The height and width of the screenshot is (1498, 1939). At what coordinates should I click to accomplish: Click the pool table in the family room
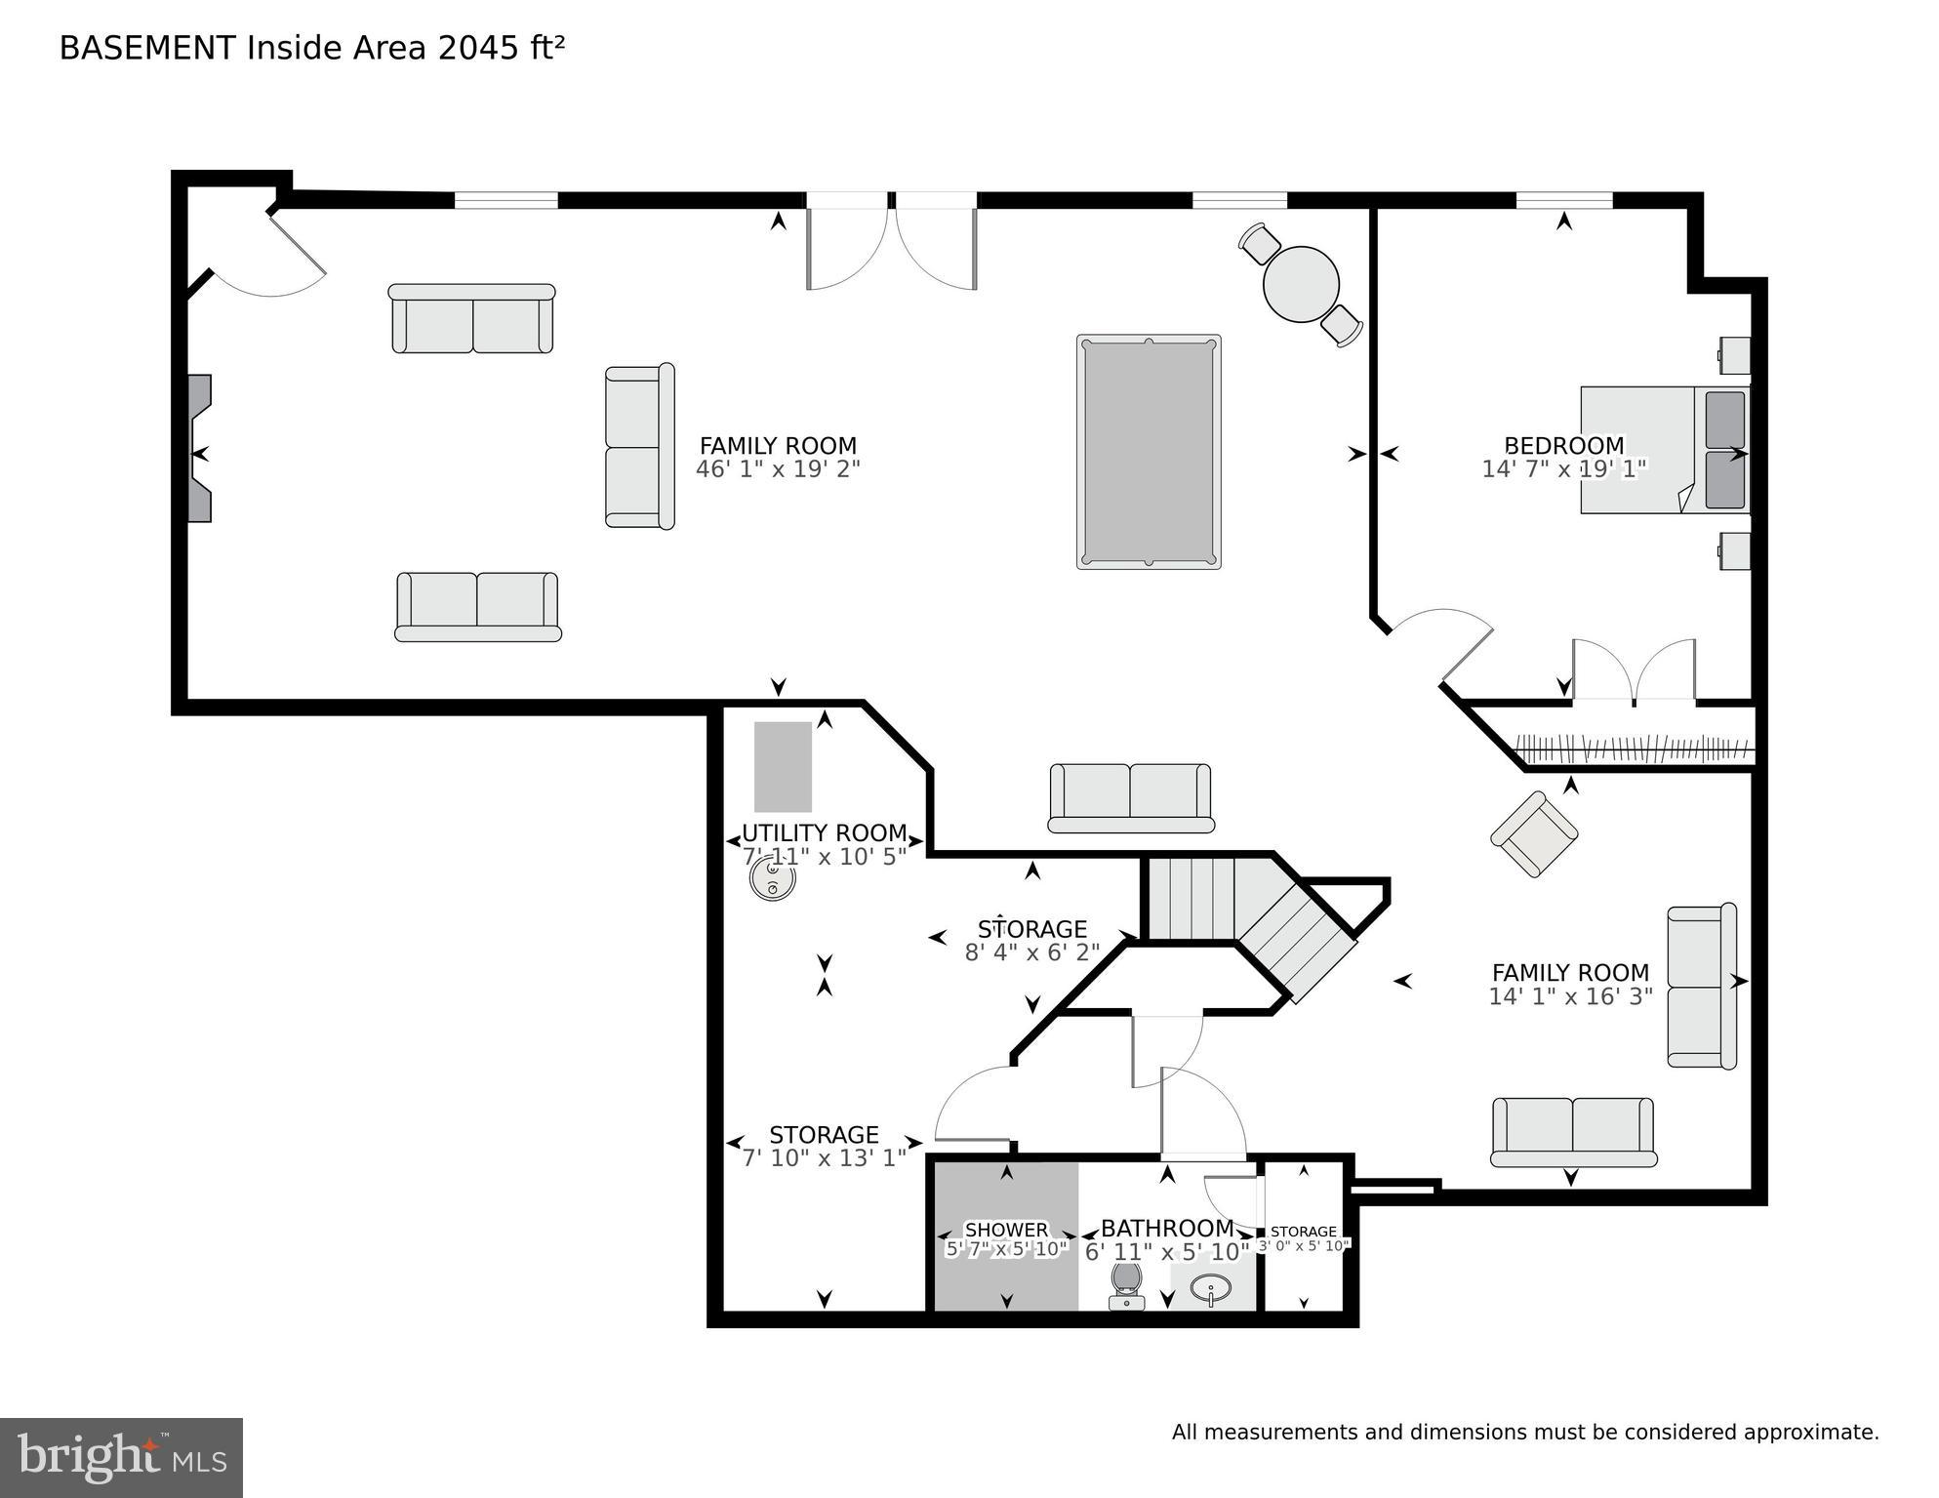1149,451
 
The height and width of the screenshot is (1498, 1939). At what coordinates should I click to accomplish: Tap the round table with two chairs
1300,284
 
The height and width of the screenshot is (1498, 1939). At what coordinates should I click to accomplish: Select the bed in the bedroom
1663,450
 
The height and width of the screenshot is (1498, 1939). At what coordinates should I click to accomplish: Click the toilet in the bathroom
1126,1283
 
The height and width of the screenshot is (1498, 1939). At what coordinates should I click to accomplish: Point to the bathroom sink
1211,1289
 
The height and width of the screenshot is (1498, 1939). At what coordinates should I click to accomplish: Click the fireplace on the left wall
199,448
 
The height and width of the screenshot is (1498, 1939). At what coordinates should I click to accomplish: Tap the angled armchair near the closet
1533,833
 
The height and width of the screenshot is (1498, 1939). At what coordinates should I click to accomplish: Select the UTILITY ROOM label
824,832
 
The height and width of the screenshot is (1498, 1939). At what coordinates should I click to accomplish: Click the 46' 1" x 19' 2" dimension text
778,469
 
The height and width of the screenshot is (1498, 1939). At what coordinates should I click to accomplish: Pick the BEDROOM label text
1563,445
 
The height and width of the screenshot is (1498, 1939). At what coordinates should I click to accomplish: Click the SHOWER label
1006,1230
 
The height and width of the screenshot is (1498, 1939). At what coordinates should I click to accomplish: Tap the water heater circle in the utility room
772,878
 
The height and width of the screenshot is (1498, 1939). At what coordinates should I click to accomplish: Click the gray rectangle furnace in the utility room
783,766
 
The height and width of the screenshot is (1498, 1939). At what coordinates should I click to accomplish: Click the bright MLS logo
121,1458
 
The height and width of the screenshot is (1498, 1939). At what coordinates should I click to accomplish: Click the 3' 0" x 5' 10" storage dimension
1304,1245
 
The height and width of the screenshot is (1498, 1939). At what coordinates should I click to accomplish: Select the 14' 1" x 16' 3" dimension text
1569,996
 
